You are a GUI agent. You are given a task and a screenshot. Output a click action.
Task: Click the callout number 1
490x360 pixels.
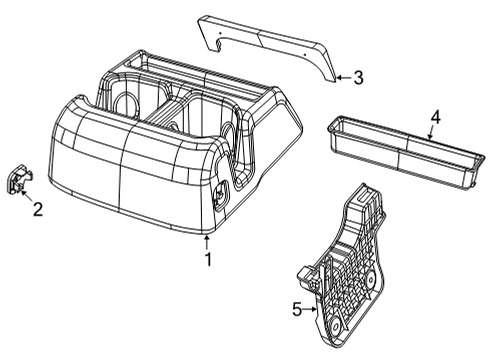(x=208, y=260)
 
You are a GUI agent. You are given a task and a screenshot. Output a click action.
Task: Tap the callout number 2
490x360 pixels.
(x=37, y=209)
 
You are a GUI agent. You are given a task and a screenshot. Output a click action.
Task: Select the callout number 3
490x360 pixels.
(x=358, y=78)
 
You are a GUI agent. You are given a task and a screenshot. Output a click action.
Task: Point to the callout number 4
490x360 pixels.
(x=434, y=118)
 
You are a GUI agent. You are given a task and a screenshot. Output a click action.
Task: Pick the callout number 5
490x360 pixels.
(x=296, y=309)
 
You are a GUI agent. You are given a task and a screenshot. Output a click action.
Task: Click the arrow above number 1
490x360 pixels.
(x=207, y=242)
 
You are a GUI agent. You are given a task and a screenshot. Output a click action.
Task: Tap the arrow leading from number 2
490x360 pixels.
(x=27, y=193)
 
